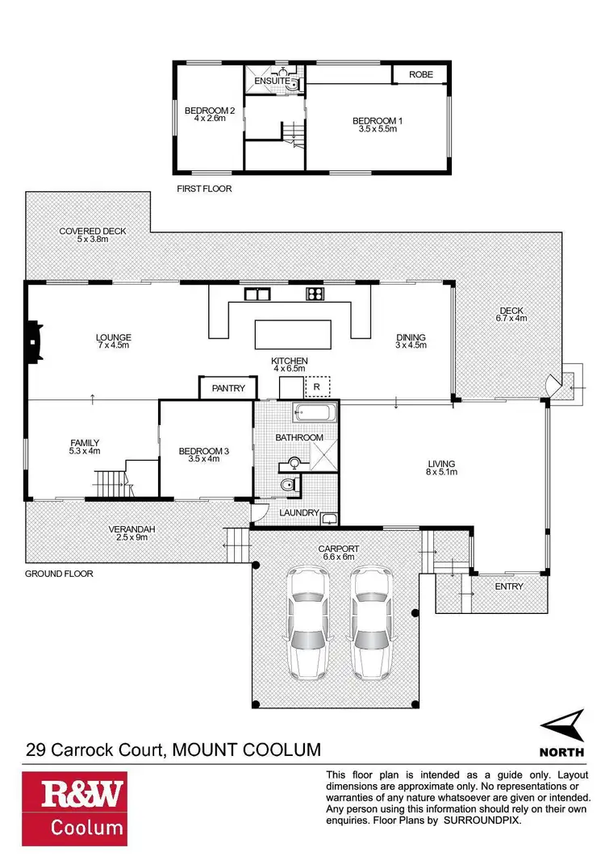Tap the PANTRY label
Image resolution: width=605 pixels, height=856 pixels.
click(x=228, y=388)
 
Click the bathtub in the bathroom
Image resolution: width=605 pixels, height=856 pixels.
click(x=315, y=414)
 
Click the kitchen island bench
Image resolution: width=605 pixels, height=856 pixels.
click(x=293, y=333)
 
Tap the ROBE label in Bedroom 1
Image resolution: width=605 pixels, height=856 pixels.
click(x=420, y=74)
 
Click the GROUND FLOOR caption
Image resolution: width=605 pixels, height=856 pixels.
click(x=59, y=574)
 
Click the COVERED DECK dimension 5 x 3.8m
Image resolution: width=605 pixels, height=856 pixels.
click(x=92, y=240)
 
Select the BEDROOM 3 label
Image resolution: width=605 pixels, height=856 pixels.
click(x=204, y=452)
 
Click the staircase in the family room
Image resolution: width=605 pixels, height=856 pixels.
click(x=111, y=484)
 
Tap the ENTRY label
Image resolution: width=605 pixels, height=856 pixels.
click(x=508, y=586)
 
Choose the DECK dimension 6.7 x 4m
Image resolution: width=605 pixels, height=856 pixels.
click(x=511, y=319)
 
